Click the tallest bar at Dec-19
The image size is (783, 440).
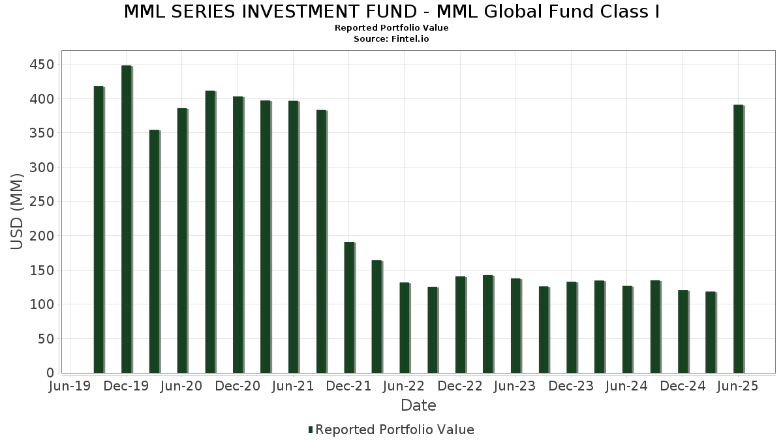tap(126, 219)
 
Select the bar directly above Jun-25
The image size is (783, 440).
tap(738, 239)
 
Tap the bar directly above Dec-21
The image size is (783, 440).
tap(349, 307)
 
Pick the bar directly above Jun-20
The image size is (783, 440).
tap(182, 241)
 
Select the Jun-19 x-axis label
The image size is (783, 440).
tap(70, 387)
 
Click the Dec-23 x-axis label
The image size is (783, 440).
tap(571, 387)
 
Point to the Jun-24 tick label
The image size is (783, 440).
tap(626, 387)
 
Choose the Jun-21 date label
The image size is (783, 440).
tap(293, 387)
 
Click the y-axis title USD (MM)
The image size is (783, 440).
tap(17, 211)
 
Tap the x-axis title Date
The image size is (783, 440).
tap(418, 405)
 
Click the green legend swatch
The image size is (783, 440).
tap(311, 430)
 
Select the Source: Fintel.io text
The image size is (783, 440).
tap(391, 39)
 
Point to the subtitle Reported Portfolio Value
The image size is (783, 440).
tap(391, 28)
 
